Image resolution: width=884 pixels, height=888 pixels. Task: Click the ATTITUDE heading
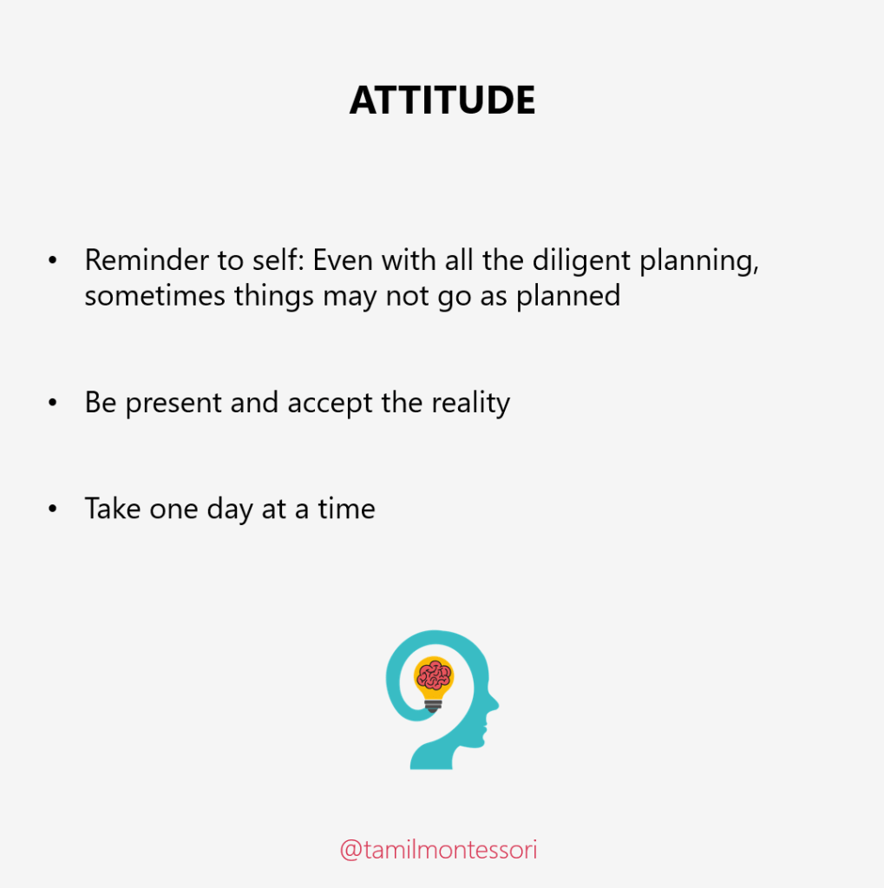click(442, 100)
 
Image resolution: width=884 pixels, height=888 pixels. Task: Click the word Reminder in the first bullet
click(146, 260)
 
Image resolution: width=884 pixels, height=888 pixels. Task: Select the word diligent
click(581, 261)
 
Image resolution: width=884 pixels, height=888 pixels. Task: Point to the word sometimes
click(154, 296)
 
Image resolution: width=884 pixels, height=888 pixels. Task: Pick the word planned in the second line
click(568, 297)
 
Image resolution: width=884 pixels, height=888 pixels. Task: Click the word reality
click(470, 404)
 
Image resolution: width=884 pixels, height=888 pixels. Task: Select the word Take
click(112, 508)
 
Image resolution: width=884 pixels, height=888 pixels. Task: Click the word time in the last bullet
click(346, 508)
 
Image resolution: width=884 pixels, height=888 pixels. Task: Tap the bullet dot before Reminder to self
click(53, 260)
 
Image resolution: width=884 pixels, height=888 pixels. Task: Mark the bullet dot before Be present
click(53, 403)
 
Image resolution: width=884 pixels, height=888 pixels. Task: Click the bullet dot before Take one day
click(53, 509)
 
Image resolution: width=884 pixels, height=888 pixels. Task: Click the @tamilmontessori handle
click(438, 850)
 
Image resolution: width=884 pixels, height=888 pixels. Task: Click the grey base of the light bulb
click(434, 706)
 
